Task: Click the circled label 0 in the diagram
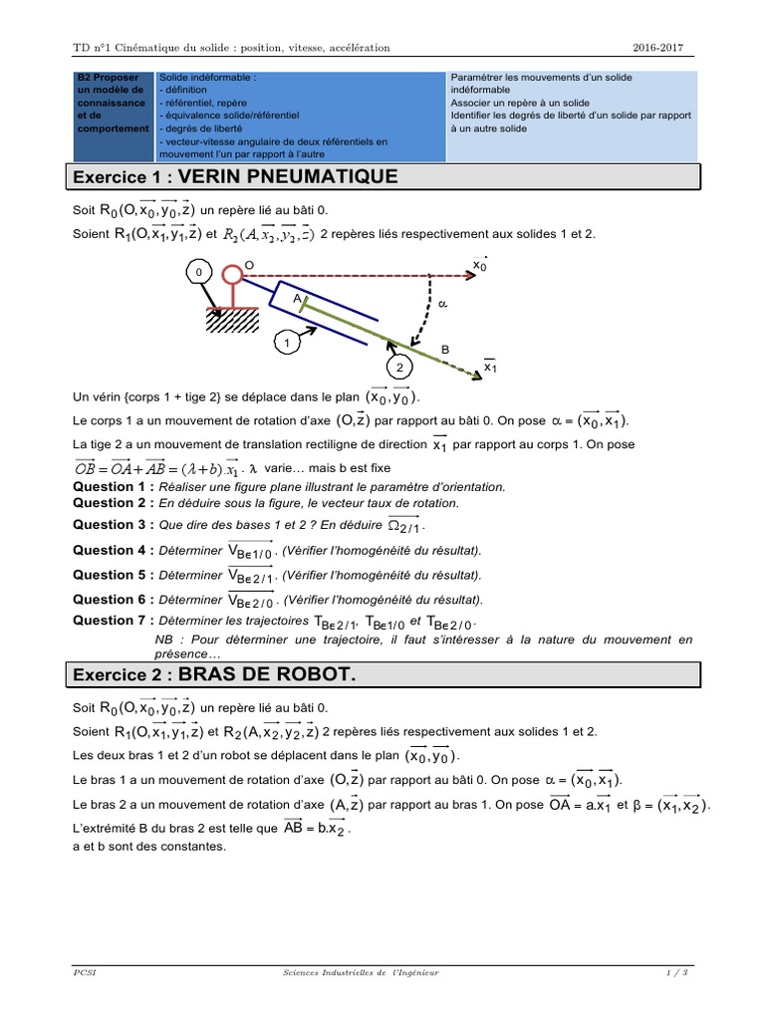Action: (199, 272)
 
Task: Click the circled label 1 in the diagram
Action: (289, 344)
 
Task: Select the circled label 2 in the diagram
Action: (400, 367)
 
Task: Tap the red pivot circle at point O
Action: (232, 272)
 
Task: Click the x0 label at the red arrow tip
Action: (479, 265)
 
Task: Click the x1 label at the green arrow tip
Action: (489, 369)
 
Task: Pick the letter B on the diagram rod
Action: (445, 350)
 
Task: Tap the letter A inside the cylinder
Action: (297, 297)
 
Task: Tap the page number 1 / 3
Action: (677, 972)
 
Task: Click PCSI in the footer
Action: (84, 972)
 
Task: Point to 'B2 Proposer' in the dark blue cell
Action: (111, 77)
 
